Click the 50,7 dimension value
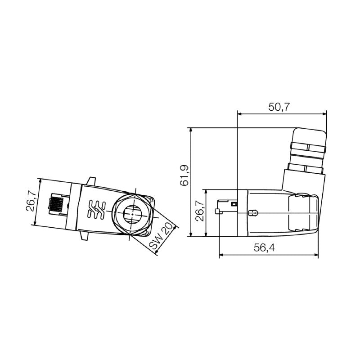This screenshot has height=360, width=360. (x=279, y=107)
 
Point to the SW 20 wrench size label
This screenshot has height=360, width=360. (x=160, y=236)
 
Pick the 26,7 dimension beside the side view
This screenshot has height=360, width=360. (x=199, y=211)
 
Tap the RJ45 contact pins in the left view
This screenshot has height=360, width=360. (x=56, y=205)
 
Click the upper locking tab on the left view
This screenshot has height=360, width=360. (x=92, y=180)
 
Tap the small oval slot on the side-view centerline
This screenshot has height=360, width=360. (x=254, y=212)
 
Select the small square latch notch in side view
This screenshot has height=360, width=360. (x=233, y=204)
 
